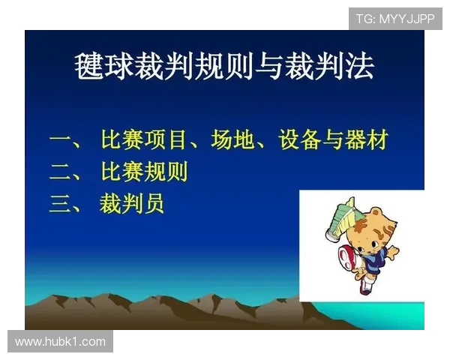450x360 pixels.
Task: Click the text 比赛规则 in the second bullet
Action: (x=143, y=172)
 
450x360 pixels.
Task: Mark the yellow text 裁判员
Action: (x=131, y=204)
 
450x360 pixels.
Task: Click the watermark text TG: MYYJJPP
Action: (x=395, y=18)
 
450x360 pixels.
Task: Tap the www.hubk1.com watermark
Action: (x=60, y=342)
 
